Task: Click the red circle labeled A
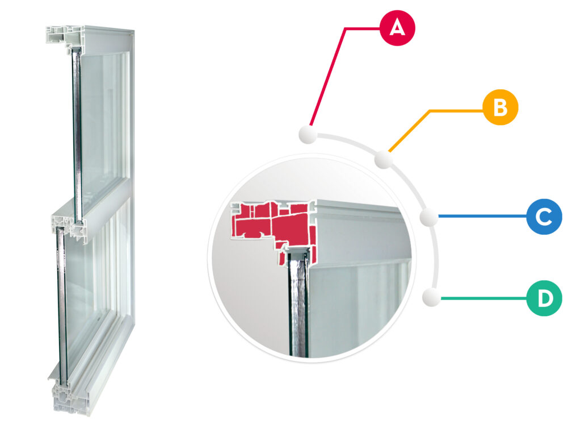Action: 397,28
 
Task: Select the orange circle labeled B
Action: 500,107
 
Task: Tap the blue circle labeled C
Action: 544,217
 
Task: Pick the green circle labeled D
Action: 544,298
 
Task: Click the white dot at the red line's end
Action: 308,134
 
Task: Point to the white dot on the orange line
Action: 384,160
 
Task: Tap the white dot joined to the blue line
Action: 429,217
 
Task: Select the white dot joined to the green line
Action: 432,297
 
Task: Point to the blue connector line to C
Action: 482,216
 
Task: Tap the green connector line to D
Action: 484,298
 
